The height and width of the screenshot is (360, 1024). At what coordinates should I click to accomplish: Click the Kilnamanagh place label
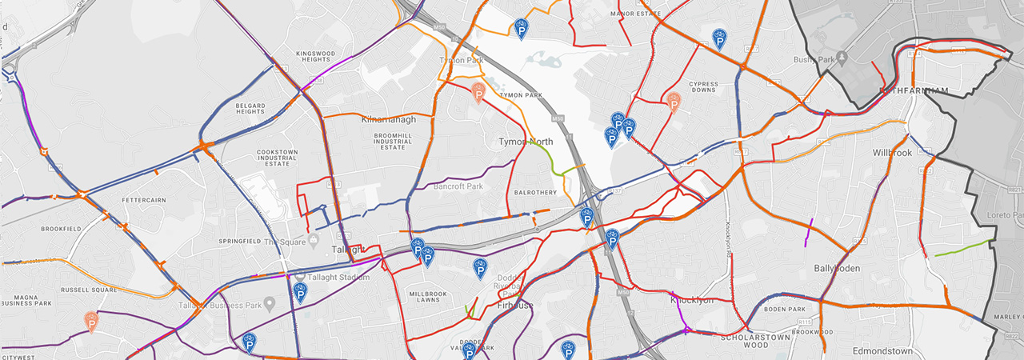click(389, 119)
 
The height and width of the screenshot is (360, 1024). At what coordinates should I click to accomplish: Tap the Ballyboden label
click(837, 269)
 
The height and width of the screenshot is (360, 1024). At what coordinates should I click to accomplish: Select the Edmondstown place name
click(882, 350)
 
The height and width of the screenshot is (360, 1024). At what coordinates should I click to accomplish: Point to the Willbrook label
click(892, 152)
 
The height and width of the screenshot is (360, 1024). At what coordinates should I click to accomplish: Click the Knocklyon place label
click(691, 300)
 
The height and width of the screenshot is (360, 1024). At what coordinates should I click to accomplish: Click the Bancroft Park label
click(458, 186)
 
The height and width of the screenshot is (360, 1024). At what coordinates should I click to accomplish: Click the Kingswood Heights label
click(313, 56)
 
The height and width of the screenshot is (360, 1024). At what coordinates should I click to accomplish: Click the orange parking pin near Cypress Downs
click(674, 102)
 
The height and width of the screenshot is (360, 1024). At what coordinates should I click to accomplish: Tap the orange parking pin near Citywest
click(91, 322)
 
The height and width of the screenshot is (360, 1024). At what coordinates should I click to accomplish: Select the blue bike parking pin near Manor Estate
click(719, 38)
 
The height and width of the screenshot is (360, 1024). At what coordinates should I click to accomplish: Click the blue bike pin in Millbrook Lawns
click(480, 268)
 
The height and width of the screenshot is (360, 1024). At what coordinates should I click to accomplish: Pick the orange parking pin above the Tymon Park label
click(478, 93)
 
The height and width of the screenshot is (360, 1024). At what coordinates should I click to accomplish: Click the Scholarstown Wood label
click(744, 342)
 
